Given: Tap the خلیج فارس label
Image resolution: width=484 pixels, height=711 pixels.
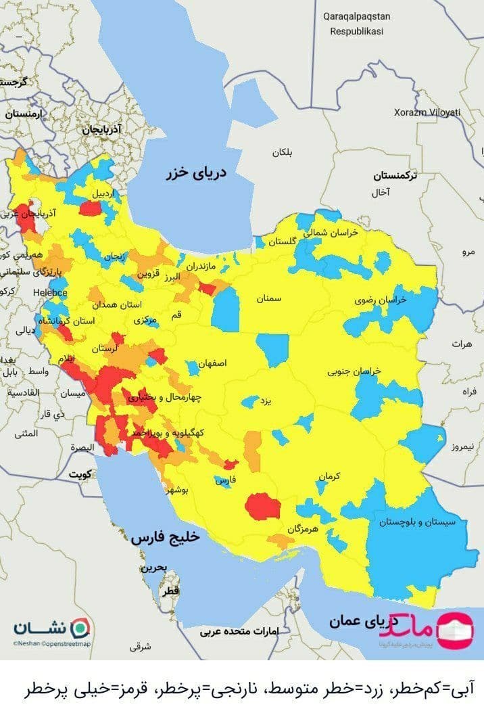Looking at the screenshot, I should click(166, 537).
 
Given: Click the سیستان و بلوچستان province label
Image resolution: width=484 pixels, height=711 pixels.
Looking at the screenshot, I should click(417, 522).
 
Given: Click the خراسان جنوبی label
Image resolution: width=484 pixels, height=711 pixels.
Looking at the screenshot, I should click(355, 371).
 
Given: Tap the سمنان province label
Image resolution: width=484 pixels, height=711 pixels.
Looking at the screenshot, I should click(268, 298).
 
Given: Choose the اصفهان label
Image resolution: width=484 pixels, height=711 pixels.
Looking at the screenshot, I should click(212, 363).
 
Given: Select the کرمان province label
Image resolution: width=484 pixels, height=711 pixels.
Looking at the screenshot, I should click(328, 477).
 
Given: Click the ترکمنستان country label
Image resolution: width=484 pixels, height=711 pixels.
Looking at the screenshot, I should click(395, 175).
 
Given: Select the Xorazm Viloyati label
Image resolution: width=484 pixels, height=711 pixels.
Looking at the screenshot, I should click(427, 112).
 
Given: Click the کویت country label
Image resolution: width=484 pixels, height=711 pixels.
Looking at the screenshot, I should click(78, 474).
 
